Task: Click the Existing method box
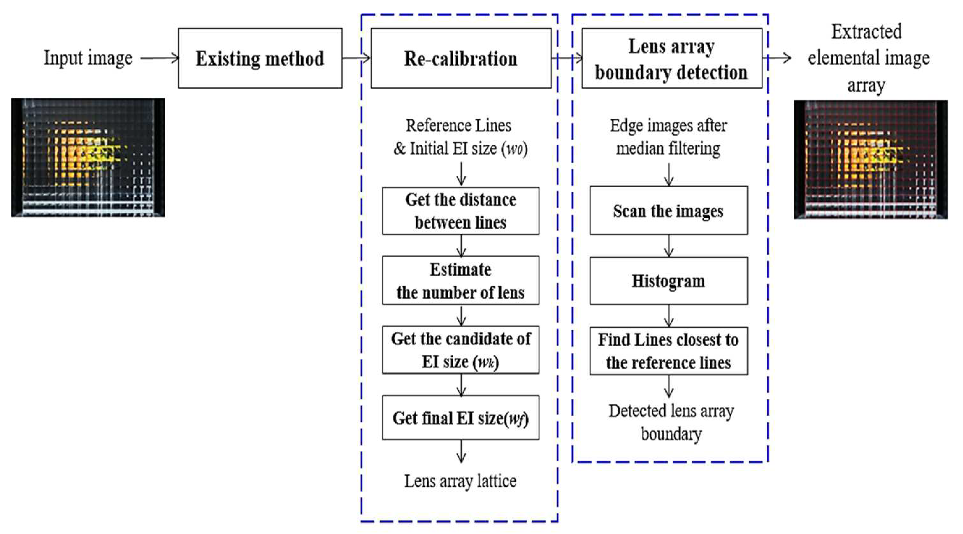260,58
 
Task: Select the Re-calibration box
460,58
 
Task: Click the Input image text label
88,58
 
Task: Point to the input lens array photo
88,157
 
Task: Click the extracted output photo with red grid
870,159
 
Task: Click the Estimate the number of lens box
460,280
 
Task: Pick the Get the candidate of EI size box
460,350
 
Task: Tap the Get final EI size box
460,418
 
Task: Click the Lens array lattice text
460,481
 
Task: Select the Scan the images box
669,211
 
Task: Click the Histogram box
669,281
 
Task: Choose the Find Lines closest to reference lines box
669,351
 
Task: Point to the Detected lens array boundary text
671,422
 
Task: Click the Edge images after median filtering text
669,137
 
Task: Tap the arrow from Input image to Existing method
160,58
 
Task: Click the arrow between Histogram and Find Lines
669,316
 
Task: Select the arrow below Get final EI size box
461,451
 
